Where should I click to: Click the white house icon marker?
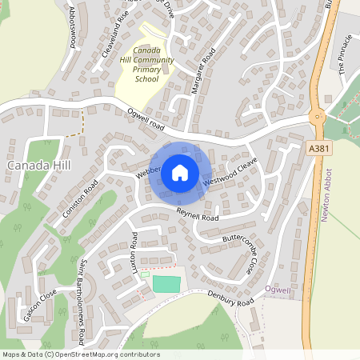[x=179, y=171]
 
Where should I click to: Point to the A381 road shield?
[x=318, y=148]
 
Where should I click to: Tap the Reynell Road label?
[x=198, y=214]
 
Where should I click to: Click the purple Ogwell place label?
[x=278, y=290]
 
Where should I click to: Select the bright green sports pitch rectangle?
[x=166, y=283]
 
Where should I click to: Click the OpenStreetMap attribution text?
[x=80, y=354]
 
